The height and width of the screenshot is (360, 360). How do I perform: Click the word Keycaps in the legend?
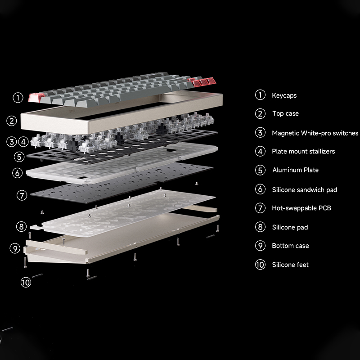[284, 95]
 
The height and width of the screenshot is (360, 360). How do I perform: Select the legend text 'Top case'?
[285, 114]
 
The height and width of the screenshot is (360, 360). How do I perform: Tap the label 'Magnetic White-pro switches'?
[315, 133]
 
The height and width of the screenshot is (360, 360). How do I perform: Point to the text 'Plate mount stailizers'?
[303, 152]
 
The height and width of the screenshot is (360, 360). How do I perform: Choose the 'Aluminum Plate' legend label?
[295, 170]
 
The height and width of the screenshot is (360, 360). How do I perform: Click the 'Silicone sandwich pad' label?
[304, 190]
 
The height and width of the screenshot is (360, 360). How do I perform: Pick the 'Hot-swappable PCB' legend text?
[301, 208]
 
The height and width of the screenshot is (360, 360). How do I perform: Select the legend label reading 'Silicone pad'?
[290, 227]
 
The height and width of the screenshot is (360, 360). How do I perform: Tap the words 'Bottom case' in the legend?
[290, 246]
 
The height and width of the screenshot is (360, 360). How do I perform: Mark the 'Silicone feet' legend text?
[290, 265]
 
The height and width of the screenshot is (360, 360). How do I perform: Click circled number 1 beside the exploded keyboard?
[18, 97]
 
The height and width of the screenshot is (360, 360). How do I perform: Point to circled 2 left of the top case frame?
[12, 121]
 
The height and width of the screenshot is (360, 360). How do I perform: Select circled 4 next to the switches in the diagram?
[23, 142]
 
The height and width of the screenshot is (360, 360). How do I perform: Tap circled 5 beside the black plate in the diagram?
[18, 157]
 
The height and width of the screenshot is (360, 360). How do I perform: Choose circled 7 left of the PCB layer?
[22, 195]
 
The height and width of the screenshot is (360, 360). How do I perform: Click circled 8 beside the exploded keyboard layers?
[21, 226]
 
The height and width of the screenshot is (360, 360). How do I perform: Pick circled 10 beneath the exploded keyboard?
[26, 282]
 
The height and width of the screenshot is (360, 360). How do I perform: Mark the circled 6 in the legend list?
[260, 189]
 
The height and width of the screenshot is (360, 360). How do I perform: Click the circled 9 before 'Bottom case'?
[260, 246]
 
